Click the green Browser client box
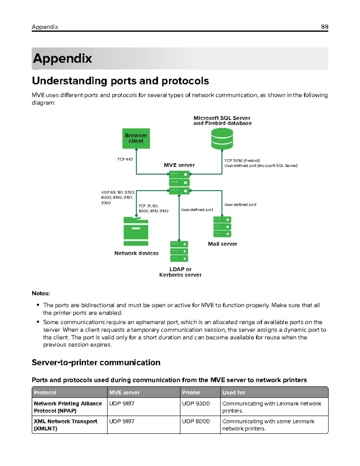pyautogui.click(x=136, y=138)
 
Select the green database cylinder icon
pyautogui.click(x=222, y=139)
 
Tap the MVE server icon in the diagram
pyautogui.click(x=179, y=182)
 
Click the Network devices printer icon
pyautogui.click(x=136, y=231)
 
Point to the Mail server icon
pyautogui.click(x=222, y=227)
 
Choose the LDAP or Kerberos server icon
pyautogui.click(x=179, y=251)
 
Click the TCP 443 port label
pyautogui.click(x=125, y=159)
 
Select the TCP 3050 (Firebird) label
pyautogui.click(x=242, y=161)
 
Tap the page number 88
pyautogui.click(x=324, y=27)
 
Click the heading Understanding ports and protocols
pyautogui.click(x=120, y=81)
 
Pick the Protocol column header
pyautogui.click(x=45, y=392)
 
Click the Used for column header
pyautogui.click(x=234, y=392)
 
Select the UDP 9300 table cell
pyautogui.click(x=196, y=404)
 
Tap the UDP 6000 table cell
pyautogui.click(x=196, y=421)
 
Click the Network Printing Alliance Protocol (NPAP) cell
pyautogui.click(x=68, y=407)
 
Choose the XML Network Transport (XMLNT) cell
pyautogui.click(x=65, y=425)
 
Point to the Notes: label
pyautogui.click(x=41, y=293)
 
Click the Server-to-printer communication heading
pyautogui.click(x=96, y=362)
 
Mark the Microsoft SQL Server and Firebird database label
pyautogui.click(x=222, y=121)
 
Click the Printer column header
pyautogui.click(x=191, y=392)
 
